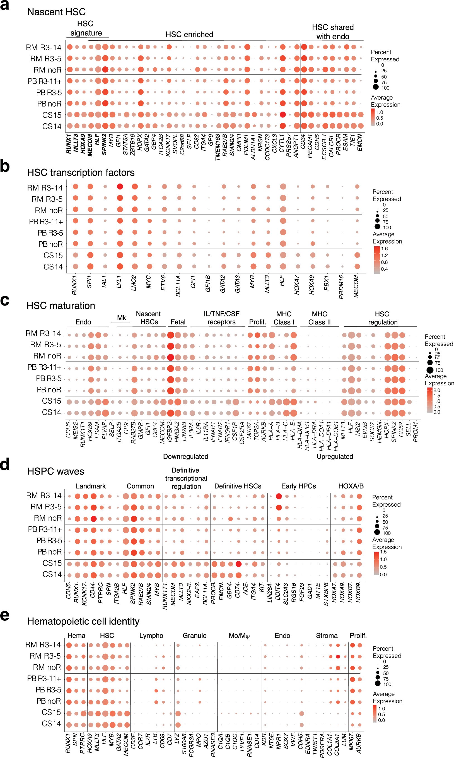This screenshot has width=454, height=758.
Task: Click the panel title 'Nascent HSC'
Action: [56, 12]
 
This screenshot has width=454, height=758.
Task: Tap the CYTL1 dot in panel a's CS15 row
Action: [283, 115]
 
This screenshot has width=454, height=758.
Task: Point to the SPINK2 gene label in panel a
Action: [104, 144]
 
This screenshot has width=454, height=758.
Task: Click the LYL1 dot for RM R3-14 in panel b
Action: [120, 187]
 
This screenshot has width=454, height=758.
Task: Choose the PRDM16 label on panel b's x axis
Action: [341, 287]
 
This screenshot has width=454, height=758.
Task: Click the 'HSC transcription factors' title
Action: [81, 173]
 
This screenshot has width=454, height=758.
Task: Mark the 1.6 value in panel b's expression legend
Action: [384, 249]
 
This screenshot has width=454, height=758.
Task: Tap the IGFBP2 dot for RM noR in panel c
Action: [171, 357]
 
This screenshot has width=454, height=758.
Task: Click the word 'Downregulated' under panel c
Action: [185, 457]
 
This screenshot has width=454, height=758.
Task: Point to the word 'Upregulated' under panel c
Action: [335, 457]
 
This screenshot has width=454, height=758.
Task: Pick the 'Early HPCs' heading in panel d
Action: [298, 486]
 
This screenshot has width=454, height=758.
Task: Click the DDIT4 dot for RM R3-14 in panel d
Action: [279, 496]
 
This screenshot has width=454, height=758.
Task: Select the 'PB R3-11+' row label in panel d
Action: [45, 530]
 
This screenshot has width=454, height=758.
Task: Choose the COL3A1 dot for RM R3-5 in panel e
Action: [338, 657]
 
